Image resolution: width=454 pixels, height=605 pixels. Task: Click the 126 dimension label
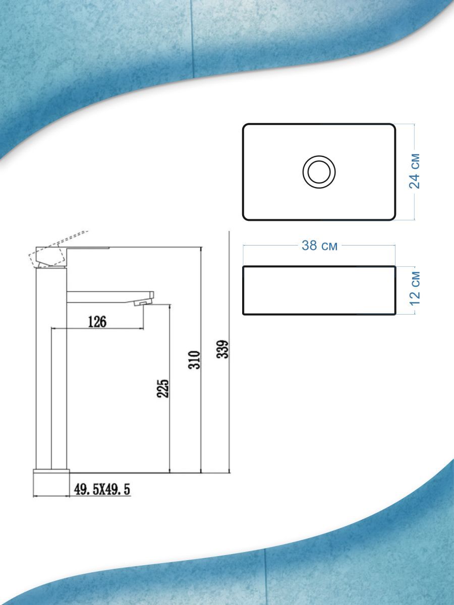pyautogui.click(x=97, y=322)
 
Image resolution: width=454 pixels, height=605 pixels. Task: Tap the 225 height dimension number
pyautogui.click(x=162, y=388)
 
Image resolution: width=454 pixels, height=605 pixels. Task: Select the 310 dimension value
pyautogui.click(x=194, y=360)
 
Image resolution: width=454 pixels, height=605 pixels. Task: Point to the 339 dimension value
pyautogui.click(x=222, y=349)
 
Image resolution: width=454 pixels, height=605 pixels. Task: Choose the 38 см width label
pyautogui.click(x=319, y=246)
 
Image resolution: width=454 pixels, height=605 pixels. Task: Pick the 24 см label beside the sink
pyautogui.click(x=414, y=171)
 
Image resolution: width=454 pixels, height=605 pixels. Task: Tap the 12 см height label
pyautogui.click(x=415, y=288)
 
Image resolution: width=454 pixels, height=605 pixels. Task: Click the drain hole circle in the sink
pyautogui.click(x=319, y=172)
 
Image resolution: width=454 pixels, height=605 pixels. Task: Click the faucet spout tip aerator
pyautogui.click(x=143, y=303)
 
